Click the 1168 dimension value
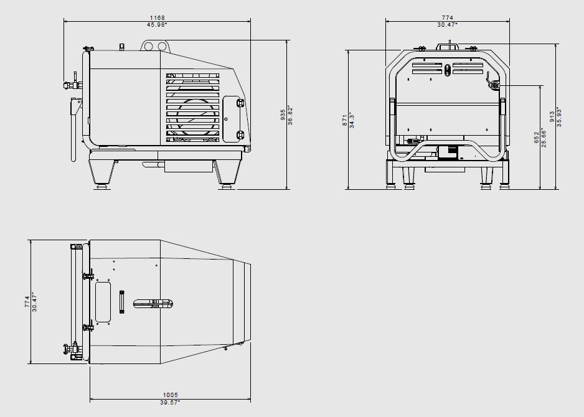tap(157, 18)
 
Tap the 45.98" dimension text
tap(157, 25)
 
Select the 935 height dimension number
tap(283, 115)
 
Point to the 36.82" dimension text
tap(290, 115)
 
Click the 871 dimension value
tap(345, 120)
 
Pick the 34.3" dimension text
tap(352, 120)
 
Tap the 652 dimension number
tap(537, 137)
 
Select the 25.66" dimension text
tap(544, 137)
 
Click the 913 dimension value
tap(552, 116)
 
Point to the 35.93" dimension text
tap(560, 116)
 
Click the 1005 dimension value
tap(171, 395)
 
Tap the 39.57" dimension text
tap(170, 402)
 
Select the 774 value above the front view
tap(448, 18)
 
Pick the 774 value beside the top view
tap(27, 302)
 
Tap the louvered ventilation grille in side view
tap(192, 108)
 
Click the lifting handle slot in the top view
tap(153, 304)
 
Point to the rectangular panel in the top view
tap(103, 302)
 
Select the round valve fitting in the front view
tap(495, 86)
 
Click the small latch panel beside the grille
tap(232, 119)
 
